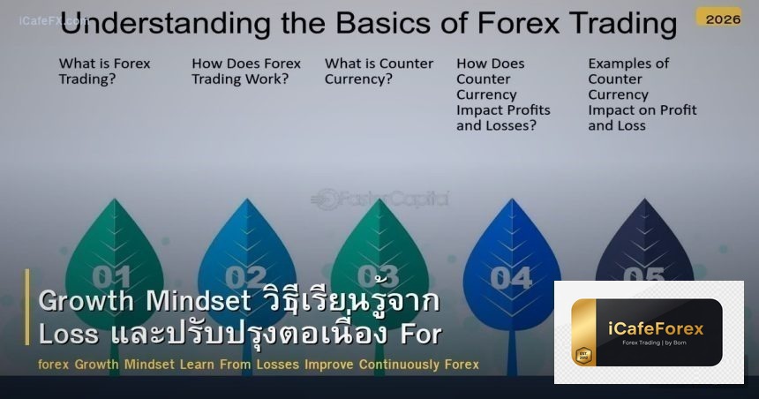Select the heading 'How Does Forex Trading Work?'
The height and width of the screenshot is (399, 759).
[246, 71]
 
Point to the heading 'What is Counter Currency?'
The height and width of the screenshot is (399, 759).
[379, 71]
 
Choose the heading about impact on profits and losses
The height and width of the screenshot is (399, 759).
[503, 94]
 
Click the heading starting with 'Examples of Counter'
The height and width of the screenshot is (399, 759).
[642, 94]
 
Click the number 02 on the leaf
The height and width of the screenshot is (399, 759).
[246, 277]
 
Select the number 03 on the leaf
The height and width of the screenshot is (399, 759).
[379, 276]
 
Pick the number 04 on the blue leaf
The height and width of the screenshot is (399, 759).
[511, 277]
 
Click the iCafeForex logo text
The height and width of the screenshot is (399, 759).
[657, 328]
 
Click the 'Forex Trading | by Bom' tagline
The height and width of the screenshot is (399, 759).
[657, 343]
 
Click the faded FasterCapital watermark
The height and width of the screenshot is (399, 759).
[381, 199]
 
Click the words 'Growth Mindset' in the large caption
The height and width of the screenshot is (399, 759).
[143, 302]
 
